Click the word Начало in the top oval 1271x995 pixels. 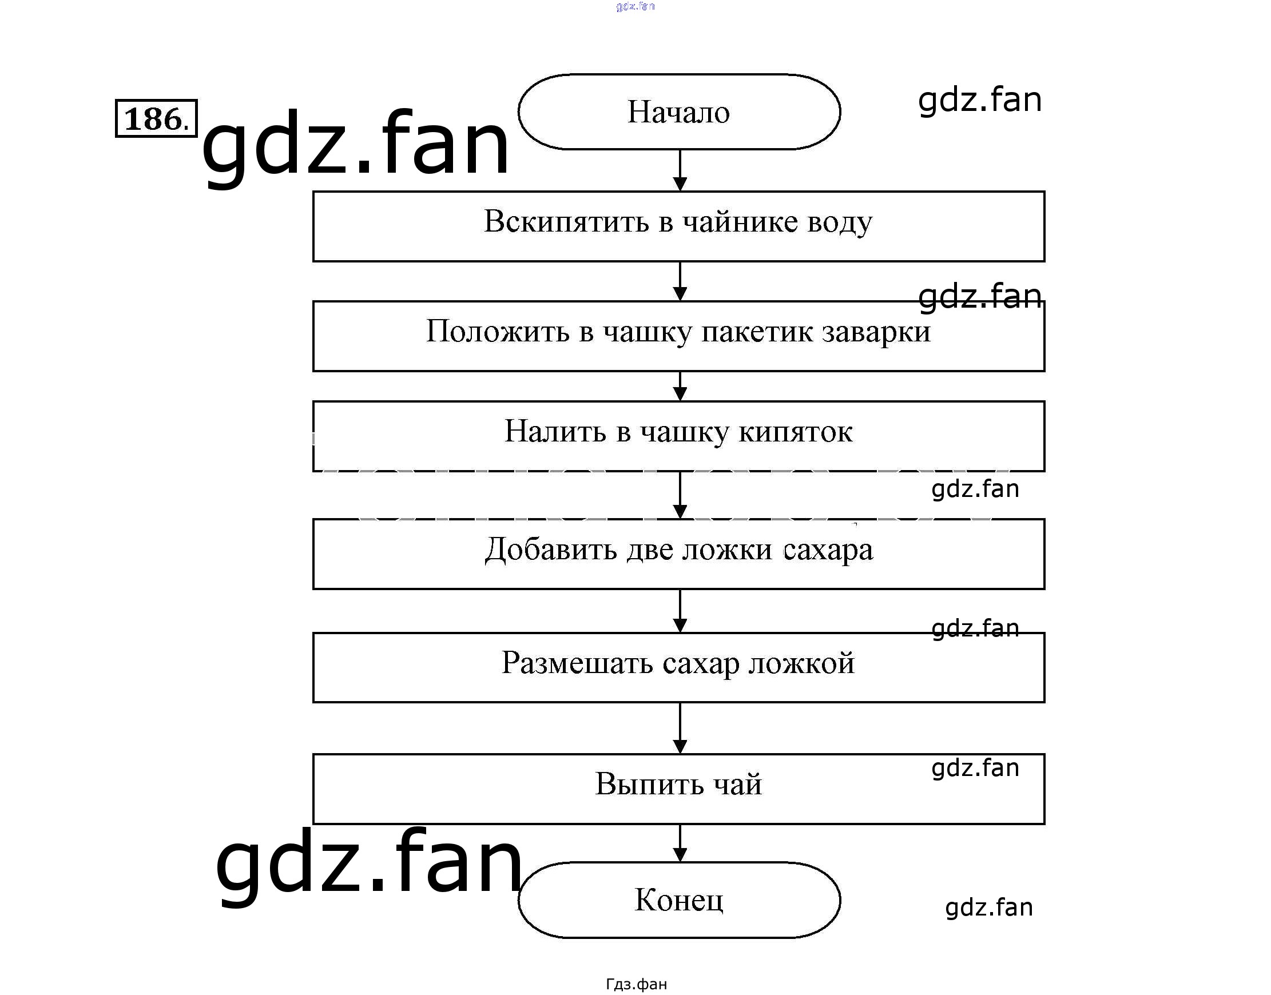point(678,112)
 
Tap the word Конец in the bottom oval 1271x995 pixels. point(679,900)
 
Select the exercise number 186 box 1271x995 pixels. point(156,119)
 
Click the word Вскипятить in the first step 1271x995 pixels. point(566,222)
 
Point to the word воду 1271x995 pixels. point(840,223)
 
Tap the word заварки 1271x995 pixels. point(876,332)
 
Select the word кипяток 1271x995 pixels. point(796,432)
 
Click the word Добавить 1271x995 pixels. point(551,550)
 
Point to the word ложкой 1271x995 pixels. point(802,663)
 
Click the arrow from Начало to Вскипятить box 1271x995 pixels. point(680,170)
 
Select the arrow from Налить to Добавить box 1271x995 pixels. point(680,495)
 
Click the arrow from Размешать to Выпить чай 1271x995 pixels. point(680,728)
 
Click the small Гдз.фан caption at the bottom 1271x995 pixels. point(637,984)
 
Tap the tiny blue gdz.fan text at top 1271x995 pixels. point(635,6)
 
